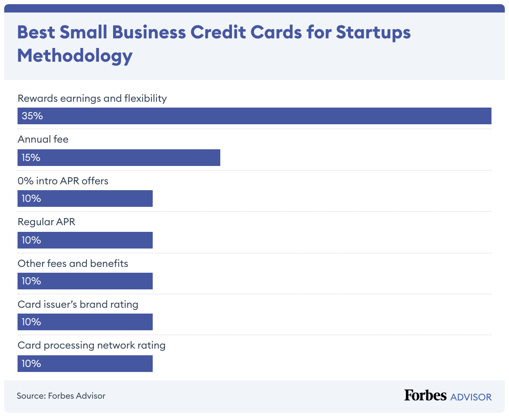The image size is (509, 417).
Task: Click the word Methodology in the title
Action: tap(75, 56)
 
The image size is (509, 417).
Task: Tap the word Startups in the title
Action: tap(373, 33)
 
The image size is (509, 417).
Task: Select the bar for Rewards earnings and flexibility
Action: tap(254, 116)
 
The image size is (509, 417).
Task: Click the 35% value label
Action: tap(32, 116)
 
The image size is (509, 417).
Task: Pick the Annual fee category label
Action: tap(43, 139)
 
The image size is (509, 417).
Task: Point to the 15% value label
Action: tap(31, 158)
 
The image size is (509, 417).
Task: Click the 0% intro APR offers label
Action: tap(63, 181)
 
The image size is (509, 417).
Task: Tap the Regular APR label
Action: tap(46, 222)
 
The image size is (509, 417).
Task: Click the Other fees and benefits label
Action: tap(73, 264)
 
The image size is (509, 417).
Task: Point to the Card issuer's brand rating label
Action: tap(78, 304)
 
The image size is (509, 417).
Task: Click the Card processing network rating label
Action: tap(91, 345)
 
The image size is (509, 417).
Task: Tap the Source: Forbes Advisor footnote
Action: tap(61, 396)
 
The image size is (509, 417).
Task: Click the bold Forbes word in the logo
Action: tap(425, 395)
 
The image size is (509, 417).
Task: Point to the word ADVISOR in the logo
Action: tap(471, 397)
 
